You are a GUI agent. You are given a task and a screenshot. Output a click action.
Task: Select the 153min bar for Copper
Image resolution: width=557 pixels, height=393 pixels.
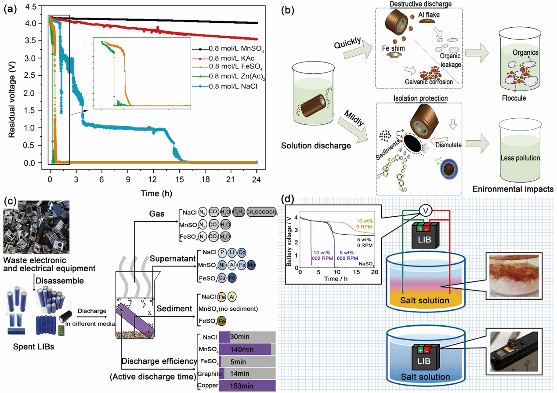pyautogui.click(x=247, y=386)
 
